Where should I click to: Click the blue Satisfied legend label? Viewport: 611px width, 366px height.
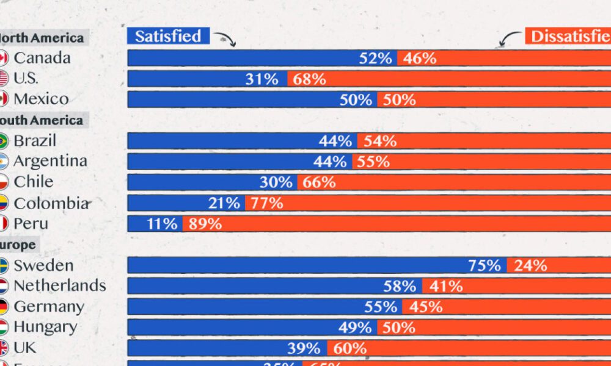tap(168, 36)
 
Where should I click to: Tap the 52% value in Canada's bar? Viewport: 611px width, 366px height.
tap(375, 58)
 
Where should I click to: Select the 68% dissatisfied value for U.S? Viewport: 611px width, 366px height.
tap(309, 79)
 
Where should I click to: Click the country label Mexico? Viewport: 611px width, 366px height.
tap(41, 99)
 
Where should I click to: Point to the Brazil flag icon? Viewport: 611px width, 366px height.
tap(2, 141)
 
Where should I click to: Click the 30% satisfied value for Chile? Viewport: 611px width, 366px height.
tap(276, 182)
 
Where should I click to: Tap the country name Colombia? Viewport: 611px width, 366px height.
tap(51, 203)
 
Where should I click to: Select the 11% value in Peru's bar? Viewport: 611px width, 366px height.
tap(162, 223)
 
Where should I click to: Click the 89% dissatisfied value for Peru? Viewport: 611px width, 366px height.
tap(205, 223)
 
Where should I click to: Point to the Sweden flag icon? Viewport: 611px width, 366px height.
tap(2, 265)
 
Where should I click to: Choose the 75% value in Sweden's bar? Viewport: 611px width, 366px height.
tap(485, 265)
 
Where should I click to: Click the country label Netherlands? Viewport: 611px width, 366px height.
tap(59, 285)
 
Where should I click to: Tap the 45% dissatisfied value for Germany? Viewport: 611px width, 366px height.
tap(426, 306)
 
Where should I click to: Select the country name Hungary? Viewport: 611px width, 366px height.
tap(45, 327)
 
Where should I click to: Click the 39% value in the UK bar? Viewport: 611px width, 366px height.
tap(304, 348)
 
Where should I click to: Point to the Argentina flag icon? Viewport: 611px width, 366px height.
tap(2, 162)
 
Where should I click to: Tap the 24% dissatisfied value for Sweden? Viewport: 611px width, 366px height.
tap(530, 265)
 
